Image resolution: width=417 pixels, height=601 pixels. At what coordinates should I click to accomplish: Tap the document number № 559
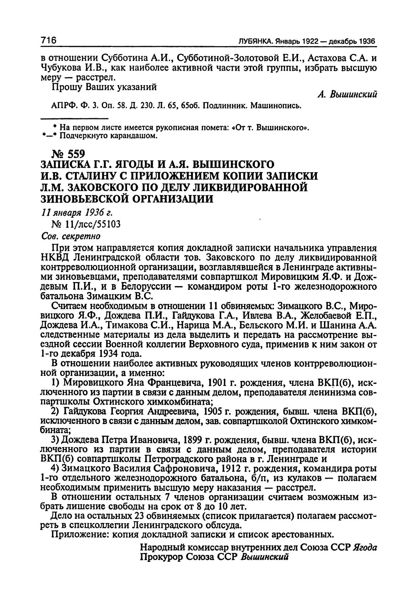pos(66,154)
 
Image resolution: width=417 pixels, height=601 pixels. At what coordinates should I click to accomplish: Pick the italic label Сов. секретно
pos(70,236)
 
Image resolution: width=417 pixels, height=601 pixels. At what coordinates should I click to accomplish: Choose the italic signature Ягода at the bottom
pos(365,548)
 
